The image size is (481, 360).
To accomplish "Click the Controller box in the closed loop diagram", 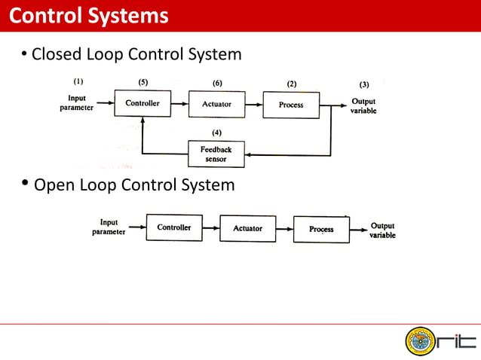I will pyautogui.click(x=142, y=104).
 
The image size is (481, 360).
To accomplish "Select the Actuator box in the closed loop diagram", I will pyautogui.click(x=216, y=104).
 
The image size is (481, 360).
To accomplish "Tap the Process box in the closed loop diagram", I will pyautogui.click(x=291, y=105).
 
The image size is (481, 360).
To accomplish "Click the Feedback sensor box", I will pyautogui.click(x=216, y=154).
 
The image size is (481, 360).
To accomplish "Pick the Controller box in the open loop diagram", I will pyautogui.click(x=173, y=227).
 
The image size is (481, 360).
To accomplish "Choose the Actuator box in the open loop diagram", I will pyautogui.click(x=247, y=228).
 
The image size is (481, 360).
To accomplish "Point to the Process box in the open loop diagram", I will pyautogui.click(x=321, y=229).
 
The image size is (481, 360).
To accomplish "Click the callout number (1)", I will pyautogui.click(x=78, y=81).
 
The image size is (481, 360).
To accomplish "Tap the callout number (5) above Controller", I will pyautogui.click(x=143, y=82).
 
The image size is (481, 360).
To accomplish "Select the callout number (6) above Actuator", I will pyautogui.click(x=217, y=82).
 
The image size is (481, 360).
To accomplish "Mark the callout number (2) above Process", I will pyautogui.click(x=291, y=83).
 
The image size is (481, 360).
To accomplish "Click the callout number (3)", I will pyautogui.click(x=364, y=84).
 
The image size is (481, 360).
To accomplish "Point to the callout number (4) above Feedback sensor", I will pyautogui.click(x=216, y=133).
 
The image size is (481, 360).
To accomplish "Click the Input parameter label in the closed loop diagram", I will pyautogui.click(x=77, y=103).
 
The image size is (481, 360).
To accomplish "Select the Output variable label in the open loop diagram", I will pyautogui.click(x=382, y=230).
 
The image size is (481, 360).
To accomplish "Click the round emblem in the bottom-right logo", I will pyautogui.click(x=421, y=341).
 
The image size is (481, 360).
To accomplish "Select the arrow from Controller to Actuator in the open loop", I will pyautogui.click(x=210, y=227).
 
